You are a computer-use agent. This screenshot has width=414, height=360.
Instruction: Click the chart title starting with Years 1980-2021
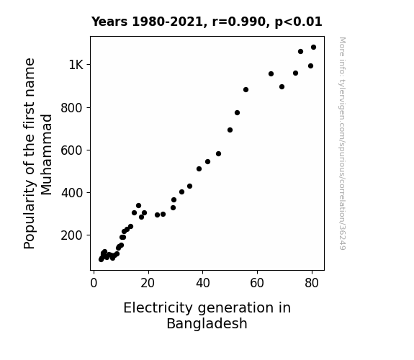click(x=207, y=22)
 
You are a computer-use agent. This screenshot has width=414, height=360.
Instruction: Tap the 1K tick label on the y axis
click(x=76, y=65)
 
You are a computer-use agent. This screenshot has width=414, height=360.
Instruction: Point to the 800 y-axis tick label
click(x=72, y=108)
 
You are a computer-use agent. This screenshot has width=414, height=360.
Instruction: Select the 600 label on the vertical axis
click(x=72, y=150)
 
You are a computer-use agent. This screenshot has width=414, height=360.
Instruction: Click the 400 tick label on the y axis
click(x=72, y=193)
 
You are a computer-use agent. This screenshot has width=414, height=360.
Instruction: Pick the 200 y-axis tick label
click(x=72, y=235)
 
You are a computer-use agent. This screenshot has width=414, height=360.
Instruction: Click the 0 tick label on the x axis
click(x=94, y=283)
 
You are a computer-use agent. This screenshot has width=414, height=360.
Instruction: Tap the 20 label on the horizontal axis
click(x=148, y=283)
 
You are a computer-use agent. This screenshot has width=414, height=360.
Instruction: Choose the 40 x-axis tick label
click(x=203, y=283)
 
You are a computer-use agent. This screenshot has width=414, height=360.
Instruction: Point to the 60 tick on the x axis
click(x=257, y=283)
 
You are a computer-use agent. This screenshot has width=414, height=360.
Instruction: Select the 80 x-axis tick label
click(x=312, y=283)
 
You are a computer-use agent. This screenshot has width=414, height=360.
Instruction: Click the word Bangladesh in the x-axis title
click(x=207, y=323)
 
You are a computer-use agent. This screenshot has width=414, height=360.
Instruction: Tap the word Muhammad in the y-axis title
click(x=47, y=155)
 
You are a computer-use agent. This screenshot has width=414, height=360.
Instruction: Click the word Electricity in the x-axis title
click(x=158, y=308)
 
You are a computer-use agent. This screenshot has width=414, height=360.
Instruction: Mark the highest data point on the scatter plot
click(x=313, y=48)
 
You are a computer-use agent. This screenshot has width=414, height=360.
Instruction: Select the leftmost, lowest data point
click(x=101, y=259)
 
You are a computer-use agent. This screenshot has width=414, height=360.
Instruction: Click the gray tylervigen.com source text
click(x=342, y=143)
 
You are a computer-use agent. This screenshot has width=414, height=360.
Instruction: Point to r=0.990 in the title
click(x=239, y=22)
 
